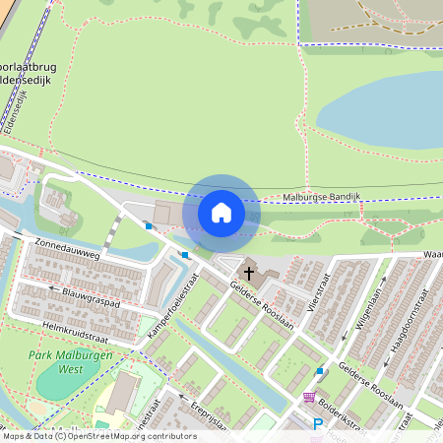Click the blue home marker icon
pos(221,213)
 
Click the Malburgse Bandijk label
pos(322,197)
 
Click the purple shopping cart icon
pos(309,398)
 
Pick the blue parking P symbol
pos(317,424)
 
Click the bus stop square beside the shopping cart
pos(319,371)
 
